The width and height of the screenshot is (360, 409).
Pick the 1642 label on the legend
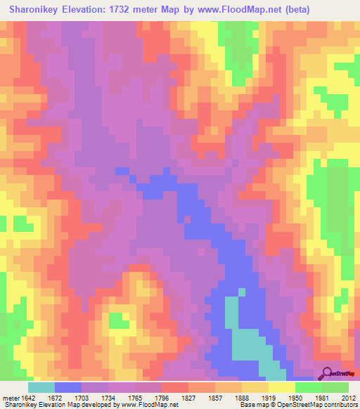29,398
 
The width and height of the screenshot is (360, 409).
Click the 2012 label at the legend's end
347,398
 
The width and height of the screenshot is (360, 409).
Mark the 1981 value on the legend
321,398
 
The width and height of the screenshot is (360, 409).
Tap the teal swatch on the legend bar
41,387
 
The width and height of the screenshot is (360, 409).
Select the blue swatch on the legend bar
68,387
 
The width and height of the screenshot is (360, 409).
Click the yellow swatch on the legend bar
281,387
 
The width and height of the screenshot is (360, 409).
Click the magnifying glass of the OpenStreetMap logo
328,374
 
